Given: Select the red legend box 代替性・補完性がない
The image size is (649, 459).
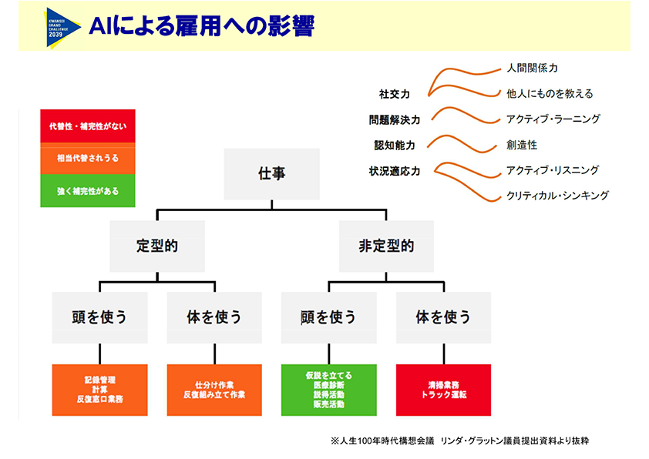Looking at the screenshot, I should (x=88, y=126).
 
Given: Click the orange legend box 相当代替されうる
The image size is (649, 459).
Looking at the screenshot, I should (x=88, y=158).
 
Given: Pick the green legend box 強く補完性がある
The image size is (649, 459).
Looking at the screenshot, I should (x=88, y=190).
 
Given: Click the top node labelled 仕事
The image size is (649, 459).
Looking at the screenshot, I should (x=271, y=174).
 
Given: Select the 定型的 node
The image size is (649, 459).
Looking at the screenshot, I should (x=157, y=246).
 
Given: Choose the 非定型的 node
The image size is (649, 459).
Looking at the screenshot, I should (x=386, y=246).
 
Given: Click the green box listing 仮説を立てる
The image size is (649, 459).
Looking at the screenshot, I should (x=329, y=390).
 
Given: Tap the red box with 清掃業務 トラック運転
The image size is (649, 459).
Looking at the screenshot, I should (x=443, y=390).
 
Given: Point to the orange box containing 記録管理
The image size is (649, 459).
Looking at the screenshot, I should (x=99, y=390).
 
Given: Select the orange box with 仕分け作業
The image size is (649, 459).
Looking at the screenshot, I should (x=214, y=390).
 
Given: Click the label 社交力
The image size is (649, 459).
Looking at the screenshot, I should (x=394, y=94).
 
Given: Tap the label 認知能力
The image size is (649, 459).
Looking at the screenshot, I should (x=394, y=145).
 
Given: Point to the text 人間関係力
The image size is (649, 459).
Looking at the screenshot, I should (x=533, y=69).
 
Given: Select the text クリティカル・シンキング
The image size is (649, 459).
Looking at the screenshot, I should (x=557, y=196).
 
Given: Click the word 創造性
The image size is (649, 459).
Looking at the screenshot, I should (x=522, y=145).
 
